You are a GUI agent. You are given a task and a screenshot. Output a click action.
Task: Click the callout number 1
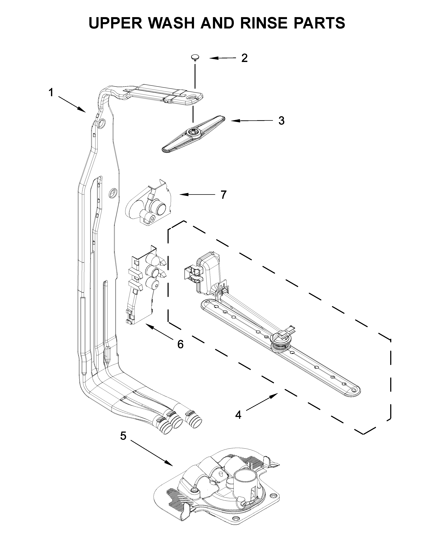51,93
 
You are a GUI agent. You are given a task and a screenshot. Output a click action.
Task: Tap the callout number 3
281,121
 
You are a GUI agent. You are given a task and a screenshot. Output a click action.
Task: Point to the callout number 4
238,415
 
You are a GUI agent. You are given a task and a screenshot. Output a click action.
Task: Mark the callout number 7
223,195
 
